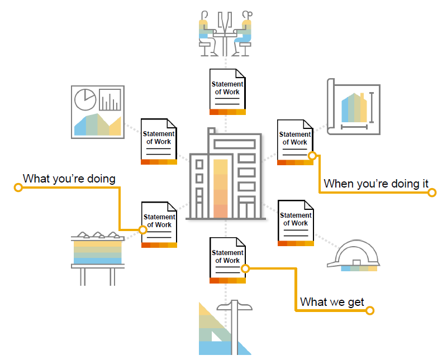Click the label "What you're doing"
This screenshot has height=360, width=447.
point(69,179)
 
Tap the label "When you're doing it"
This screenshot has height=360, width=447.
point(376,183)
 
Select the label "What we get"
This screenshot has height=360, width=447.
point(332,302)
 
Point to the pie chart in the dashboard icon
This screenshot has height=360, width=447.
point(84,99)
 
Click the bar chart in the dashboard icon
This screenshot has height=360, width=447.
point(110,100)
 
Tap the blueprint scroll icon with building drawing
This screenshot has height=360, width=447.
point(353,107)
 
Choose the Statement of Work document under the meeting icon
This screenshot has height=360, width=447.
point(227,92)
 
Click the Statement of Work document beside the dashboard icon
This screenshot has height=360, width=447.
point(159,142)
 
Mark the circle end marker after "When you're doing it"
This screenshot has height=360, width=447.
point(432,193)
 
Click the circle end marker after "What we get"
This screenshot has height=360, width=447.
point(369,311)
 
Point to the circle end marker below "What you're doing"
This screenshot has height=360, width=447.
point(18,188)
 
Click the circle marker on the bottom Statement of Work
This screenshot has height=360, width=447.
point(245,268)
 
